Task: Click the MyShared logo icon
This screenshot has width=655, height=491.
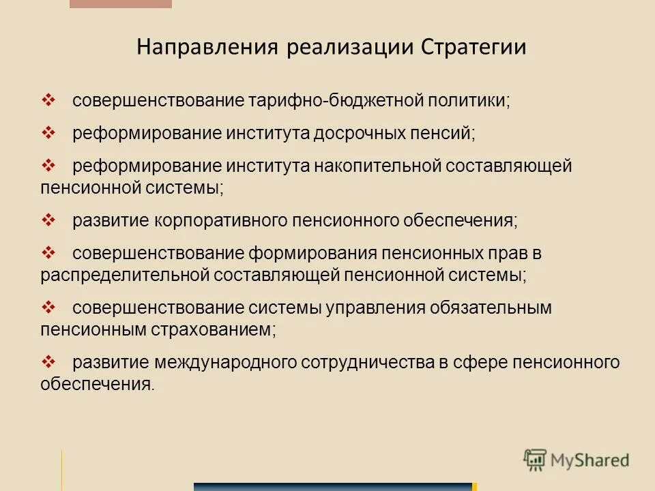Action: click(x=536, y=460)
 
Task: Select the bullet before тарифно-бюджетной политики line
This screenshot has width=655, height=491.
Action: click(x=51, y=100)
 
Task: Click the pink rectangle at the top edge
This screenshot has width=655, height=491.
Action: click(x=121, y=3)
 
